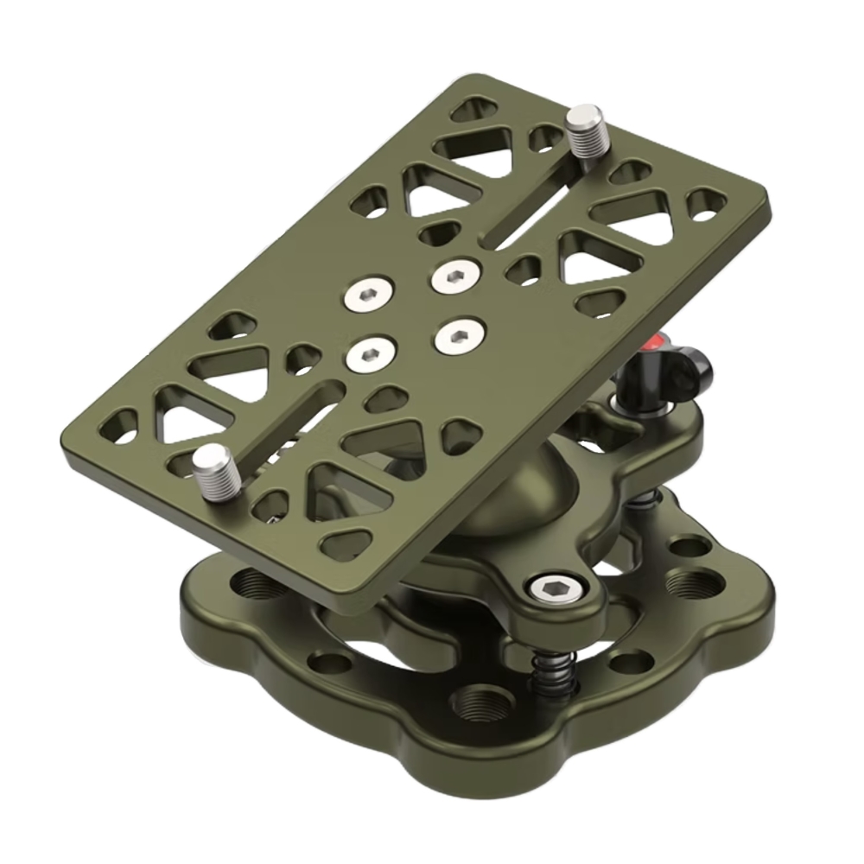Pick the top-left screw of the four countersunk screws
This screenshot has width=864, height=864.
369,297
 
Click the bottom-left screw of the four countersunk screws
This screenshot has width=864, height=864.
368,353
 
